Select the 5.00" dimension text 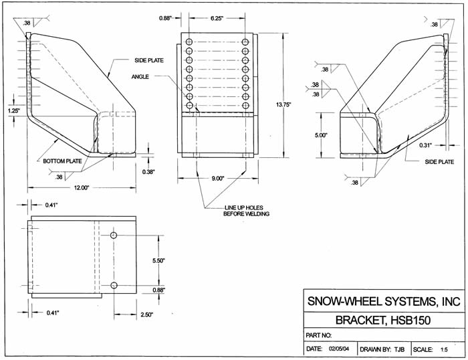click(x=321, y=134)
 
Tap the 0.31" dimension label click(x=425, y=145)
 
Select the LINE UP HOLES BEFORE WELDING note click(x=246, y=211)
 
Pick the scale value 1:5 click(x=443, y=349)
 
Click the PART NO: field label click(x=319, y=335)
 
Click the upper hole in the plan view click(x=114, y=237)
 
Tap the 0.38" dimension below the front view click(x=149, y=171)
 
